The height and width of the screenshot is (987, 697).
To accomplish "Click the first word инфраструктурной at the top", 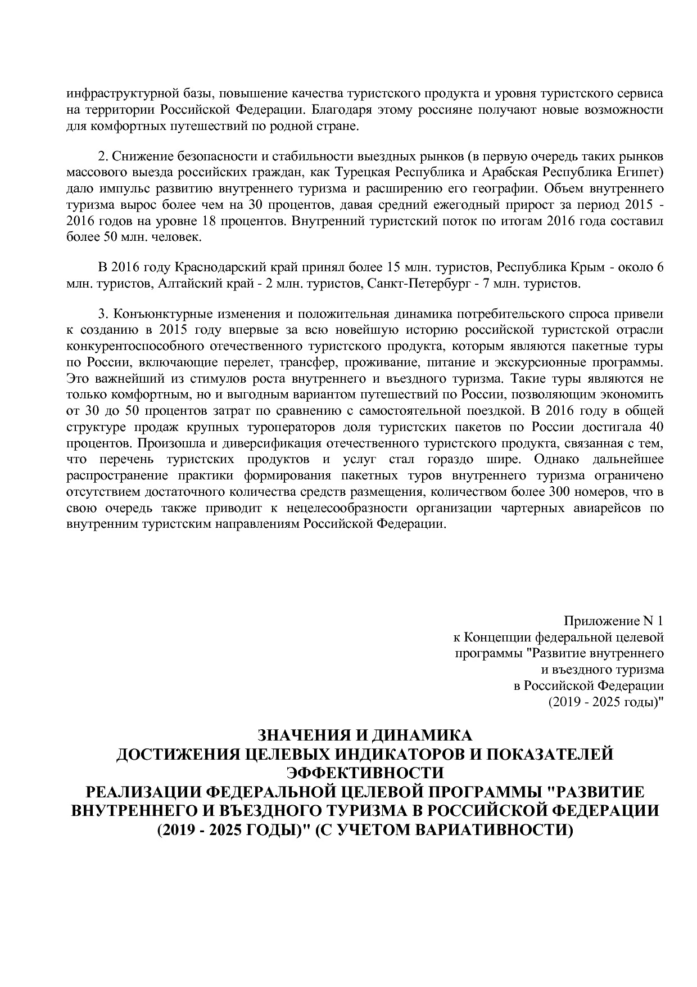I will point(104,93).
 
